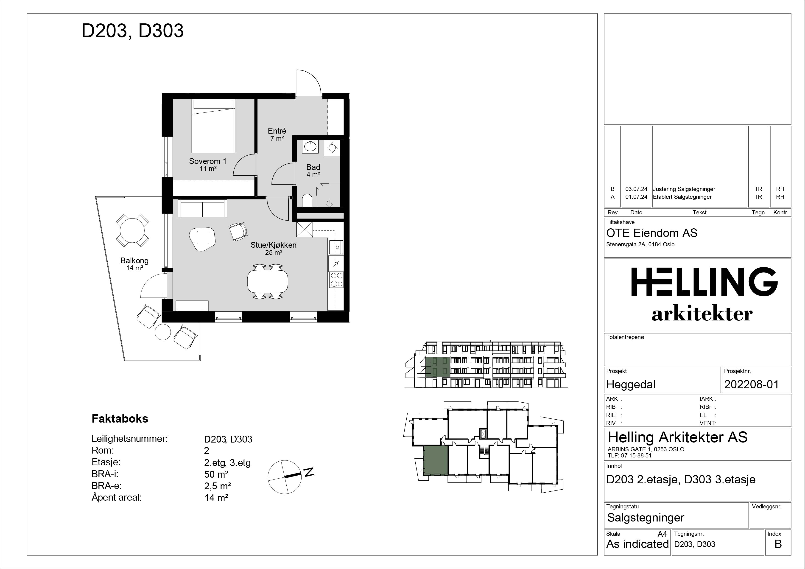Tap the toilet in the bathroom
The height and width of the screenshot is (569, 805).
(x=307, y=201)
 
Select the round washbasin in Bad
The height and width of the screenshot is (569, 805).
(x=310, y=146)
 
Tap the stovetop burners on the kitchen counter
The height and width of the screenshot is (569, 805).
(x=336, y=280)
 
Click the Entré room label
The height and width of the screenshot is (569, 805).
(x=277, y=131)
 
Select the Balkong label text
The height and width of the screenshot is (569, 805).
(x=134, y=261)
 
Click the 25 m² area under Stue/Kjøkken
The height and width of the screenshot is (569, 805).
(x=274, y=252)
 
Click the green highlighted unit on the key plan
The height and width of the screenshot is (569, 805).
(x=436, y=460)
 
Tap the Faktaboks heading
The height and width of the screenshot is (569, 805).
(x=120, y=419)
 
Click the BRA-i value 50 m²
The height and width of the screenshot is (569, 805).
(x=216, y=474)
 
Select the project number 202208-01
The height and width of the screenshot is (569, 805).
(x=751, y=385)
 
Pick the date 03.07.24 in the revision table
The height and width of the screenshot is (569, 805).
(x=636, y=189)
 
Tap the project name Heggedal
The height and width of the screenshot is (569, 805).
(x=631, y=385)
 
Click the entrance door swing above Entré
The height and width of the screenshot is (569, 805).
(x=309, y=82)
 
